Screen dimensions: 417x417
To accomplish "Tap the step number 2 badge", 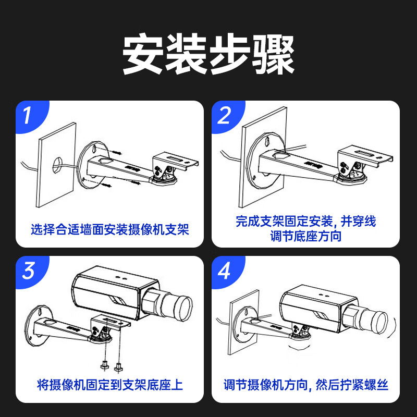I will click(x=225, y=116).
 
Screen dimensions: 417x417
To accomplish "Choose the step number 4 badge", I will click(x=225, y=272).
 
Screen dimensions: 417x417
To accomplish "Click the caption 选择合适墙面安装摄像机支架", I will click(x=109, y=228).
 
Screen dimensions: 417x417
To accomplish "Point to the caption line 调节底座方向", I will click(x=306, y=236).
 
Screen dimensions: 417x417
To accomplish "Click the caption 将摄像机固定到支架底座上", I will click(x=109, y=385).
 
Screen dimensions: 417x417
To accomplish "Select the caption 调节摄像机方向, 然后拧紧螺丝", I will click(x=306, y=385).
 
